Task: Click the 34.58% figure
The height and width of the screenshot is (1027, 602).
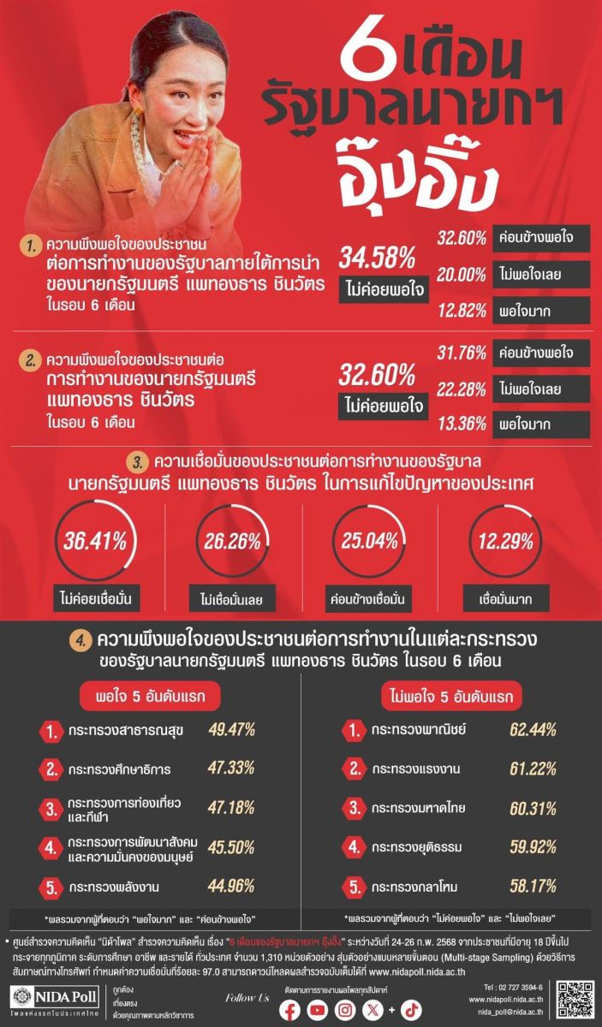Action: click(x=378, y=257)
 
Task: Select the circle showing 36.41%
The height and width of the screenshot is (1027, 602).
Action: click(x=94, y=541)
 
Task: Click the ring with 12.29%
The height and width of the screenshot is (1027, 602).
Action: click(x=505, y=541)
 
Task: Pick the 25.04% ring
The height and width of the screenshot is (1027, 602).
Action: click(x=367, y=541)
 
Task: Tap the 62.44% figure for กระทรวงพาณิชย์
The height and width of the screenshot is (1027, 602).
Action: click(x=533, y=730)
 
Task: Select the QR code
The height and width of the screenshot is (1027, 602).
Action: click(x=573, y=1000)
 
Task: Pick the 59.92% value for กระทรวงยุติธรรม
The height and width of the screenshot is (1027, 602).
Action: click(x=533, y=847)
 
